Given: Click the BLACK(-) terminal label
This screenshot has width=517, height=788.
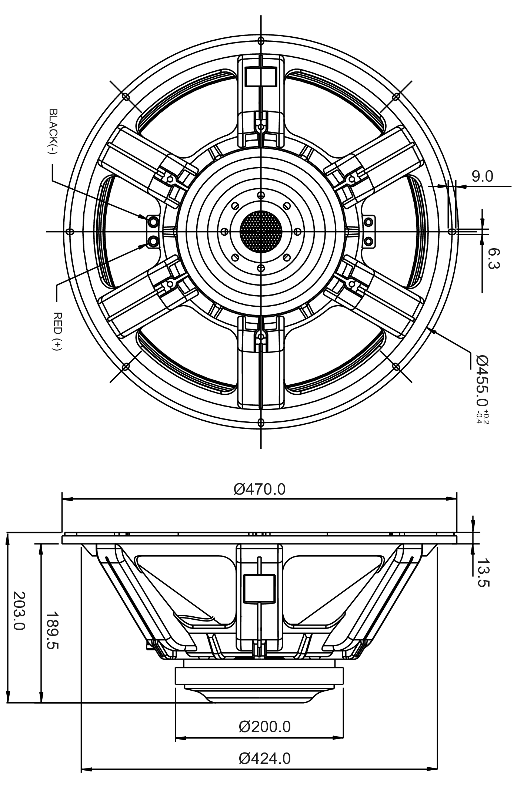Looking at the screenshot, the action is point(54,132).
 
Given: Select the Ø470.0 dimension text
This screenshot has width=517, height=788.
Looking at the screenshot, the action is point(260,489).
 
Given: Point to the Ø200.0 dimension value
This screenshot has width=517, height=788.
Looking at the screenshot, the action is point(265,727).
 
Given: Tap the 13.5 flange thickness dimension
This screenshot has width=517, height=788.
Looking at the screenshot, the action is point(483,573).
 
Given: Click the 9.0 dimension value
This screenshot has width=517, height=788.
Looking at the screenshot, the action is point(483,176).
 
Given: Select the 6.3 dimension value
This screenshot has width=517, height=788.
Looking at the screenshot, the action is point(493,259).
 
